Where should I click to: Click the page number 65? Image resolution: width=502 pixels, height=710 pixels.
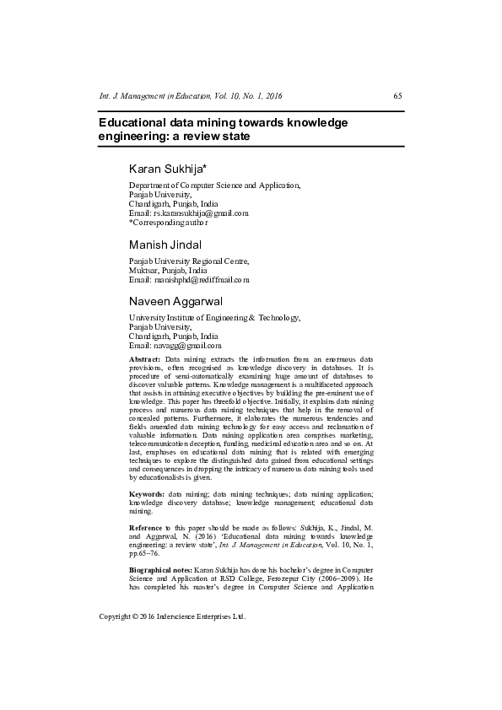coord(397,95)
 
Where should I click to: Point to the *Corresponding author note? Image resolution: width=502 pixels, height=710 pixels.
coord(168,223)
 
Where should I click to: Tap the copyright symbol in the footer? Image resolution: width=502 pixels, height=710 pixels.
coord(136,616)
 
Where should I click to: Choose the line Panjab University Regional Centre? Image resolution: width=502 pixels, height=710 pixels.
coord(189,261)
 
